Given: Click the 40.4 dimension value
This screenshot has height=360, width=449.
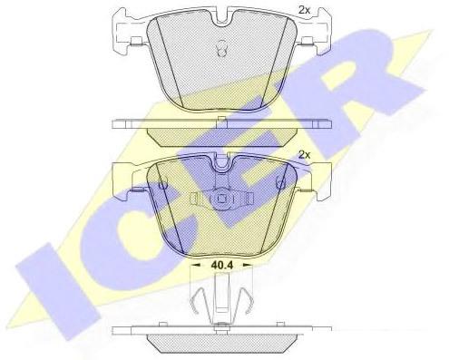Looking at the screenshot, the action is pos(221,266).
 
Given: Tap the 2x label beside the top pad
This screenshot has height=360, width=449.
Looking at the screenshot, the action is pos(304,10).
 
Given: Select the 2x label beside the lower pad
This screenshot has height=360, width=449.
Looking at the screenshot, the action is pos(304,155).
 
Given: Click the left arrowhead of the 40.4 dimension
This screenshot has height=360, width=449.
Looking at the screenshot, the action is pos(196,265).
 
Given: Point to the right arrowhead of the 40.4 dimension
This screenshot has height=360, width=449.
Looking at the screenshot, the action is pos(248,265).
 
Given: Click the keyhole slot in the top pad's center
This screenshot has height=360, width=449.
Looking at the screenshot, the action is pos(221,48).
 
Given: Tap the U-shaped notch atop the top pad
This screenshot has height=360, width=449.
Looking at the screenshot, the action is pos(221,19).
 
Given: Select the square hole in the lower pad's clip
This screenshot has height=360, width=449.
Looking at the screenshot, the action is pos(221,199).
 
